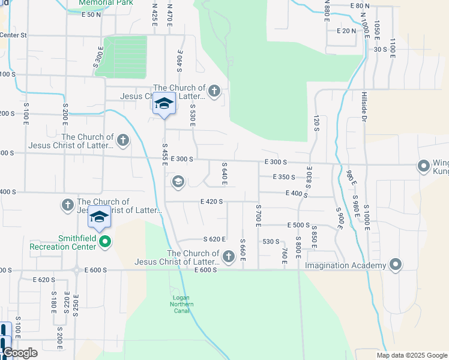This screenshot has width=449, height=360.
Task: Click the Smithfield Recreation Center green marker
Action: click(105, 242)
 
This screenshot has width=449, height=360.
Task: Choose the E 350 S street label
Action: click(283, 177)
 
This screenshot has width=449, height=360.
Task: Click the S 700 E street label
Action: click(258, 216)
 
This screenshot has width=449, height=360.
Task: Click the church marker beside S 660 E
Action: click(228, 257)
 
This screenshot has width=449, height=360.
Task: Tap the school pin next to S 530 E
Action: click(163, 104)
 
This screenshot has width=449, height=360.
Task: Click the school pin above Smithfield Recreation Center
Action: click(99, 217)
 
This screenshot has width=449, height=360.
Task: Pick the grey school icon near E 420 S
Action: click(178, 181)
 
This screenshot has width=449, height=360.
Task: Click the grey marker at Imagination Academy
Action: click(396, 264)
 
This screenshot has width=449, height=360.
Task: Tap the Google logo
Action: click(21, 353)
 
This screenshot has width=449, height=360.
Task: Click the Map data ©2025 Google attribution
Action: click(412, 355)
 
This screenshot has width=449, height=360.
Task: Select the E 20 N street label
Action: click(346, 31)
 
